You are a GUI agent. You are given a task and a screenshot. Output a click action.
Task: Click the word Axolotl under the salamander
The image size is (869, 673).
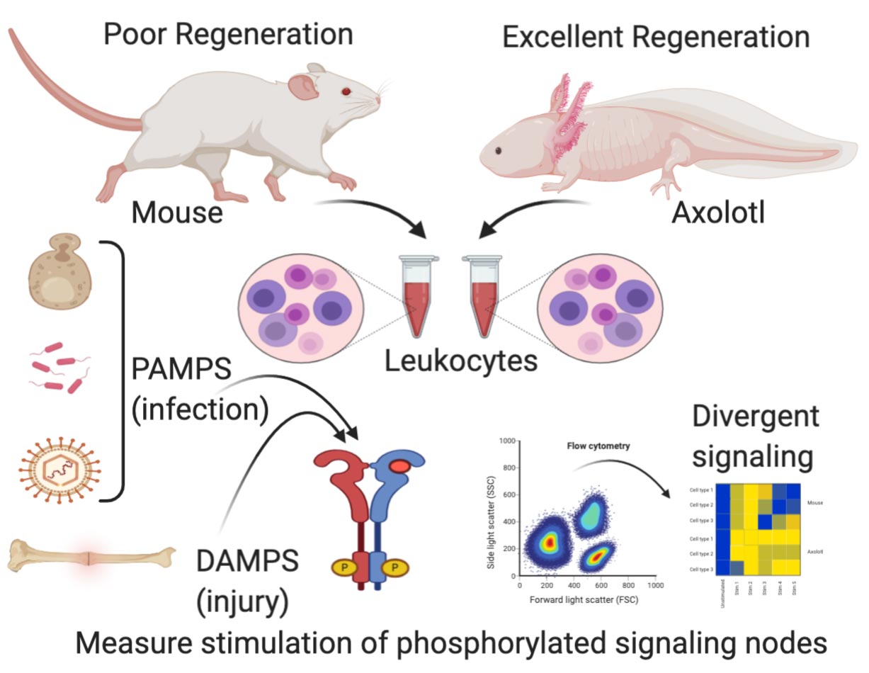[718, 210]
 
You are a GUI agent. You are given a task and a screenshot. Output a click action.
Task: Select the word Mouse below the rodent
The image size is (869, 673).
[177, 210]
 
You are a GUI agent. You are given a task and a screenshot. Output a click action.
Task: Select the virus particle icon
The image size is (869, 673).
[59, 465]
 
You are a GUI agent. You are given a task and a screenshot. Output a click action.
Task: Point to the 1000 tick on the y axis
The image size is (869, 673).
[505, 441]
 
